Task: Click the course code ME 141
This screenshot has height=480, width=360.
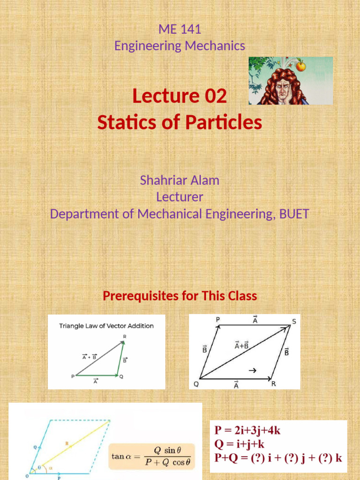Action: coord(180,29)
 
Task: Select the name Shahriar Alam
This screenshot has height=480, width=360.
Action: coord(180,180)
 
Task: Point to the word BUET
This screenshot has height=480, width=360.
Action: coord(294,214)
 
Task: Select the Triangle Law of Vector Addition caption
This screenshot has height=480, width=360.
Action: coord(106,326)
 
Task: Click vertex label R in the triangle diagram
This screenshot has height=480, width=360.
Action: coord(124,337)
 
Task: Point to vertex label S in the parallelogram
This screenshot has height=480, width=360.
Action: coord(293,321)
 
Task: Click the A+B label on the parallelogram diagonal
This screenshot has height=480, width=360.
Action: coord(241,345)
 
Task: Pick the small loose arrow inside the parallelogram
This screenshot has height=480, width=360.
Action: coord(253,370)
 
